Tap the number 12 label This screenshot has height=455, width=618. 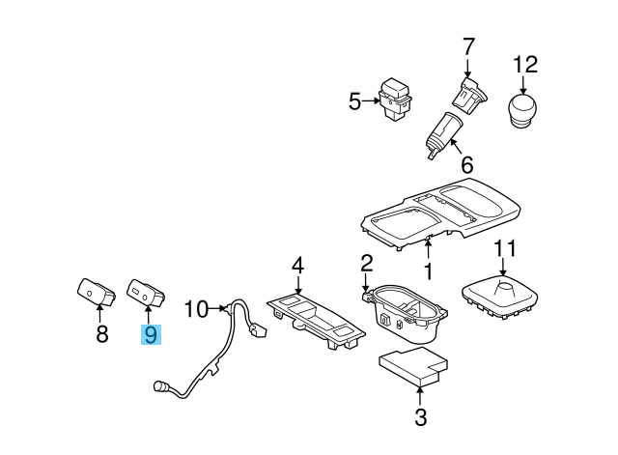point(523,65)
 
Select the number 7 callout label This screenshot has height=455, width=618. point(468,45)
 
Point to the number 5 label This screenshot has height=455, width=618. point(354,101)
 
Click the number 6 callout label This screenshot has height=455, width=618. point(466,164)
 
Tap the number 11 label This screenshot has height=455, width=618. point(506,249)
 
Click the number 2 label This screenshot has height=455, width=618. point(367,263)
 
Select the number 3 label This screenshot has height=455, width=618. point(420,417)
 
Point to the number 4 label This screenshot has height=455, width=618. point(298,265)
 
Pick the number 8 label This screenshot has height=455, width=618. point(100,335)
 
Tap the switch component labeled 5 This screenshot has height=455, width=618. point(394,100)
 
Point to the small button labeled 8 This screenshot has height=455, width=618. point(97,290)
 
